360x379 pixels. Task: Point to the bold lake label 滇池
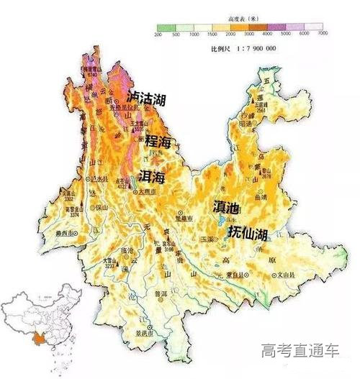pos(227,206)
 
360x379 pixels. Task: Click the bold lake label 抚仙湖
pos(248,233)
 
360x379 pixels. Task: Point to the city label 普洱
pos(150,294)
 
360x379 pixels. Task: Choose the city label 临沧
pos(126,250)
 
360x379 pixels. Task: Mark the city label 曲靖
pos(270,196)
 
